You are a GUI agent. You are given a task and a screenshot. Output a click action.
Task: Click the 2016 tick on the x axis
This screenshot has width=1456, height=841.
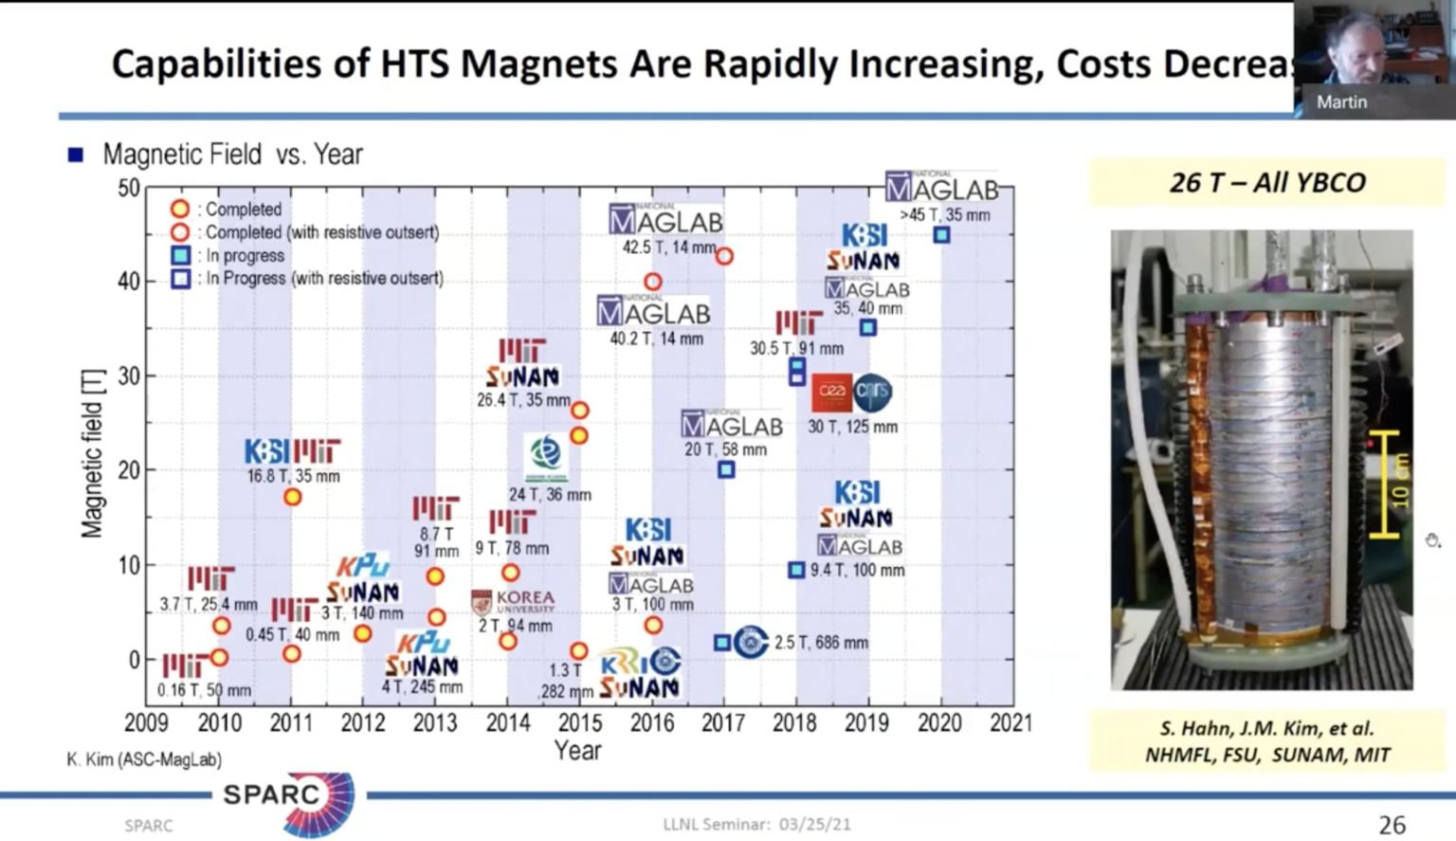point(652,722)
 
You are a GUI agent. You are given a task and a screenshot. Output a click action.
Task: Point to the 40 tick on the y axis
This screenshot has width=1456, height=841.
point(129,282)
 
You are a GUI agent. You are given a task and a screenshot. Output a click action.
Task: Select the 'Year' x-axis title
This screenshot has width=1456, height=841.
point(577,750)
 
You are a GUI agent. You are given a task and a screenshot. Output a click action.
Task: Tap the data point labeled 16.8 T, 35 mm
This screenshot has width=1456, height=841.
point(293,496)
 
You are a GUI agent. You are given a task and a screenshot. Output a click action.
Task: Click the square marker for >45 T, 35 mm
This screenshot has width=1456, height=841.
point(941,234)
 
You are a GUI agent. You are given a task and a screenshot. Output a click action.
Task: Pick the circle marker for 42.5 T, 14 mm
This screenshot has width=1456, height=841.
point(724,256)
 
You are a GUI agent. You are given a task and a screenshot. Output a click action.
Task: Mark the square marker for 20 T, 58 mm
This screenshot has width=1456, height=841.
point(726,469)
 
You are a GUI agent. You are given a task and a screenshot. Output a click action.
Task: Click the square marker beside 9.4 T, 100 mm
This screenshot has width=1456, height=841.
point(796,570)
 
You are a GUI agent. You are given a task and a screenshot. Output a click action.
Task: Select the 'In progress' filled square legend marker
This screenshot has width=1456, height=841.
point(180,255)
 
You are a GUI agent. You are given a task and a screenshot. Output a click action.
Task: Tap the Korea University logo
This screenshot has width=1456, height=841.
point(513,602)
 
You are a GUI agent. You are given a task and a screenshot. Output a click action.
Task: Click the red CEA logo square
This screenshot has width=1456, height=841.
point(831,392)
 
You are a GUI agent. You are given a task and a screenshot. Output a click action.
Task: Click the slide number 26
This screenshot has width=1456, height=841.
point(1392,825)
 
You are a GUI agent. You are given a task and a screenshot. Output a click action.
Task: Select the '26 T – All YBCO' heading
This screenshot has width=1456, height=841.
point(1267,182)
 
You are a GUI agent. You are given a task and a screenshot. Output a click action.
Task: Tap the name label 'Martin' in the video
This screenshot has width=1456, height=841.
point(1341,101)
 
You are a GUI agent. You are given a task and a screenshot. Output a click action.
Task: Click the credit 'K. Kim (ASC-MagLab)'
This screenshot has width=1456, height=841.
point(144,759)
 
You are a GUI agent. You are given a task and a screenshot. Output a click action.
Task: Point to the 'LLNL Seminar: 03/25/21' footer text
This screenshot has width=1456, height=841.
point(756,824)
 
